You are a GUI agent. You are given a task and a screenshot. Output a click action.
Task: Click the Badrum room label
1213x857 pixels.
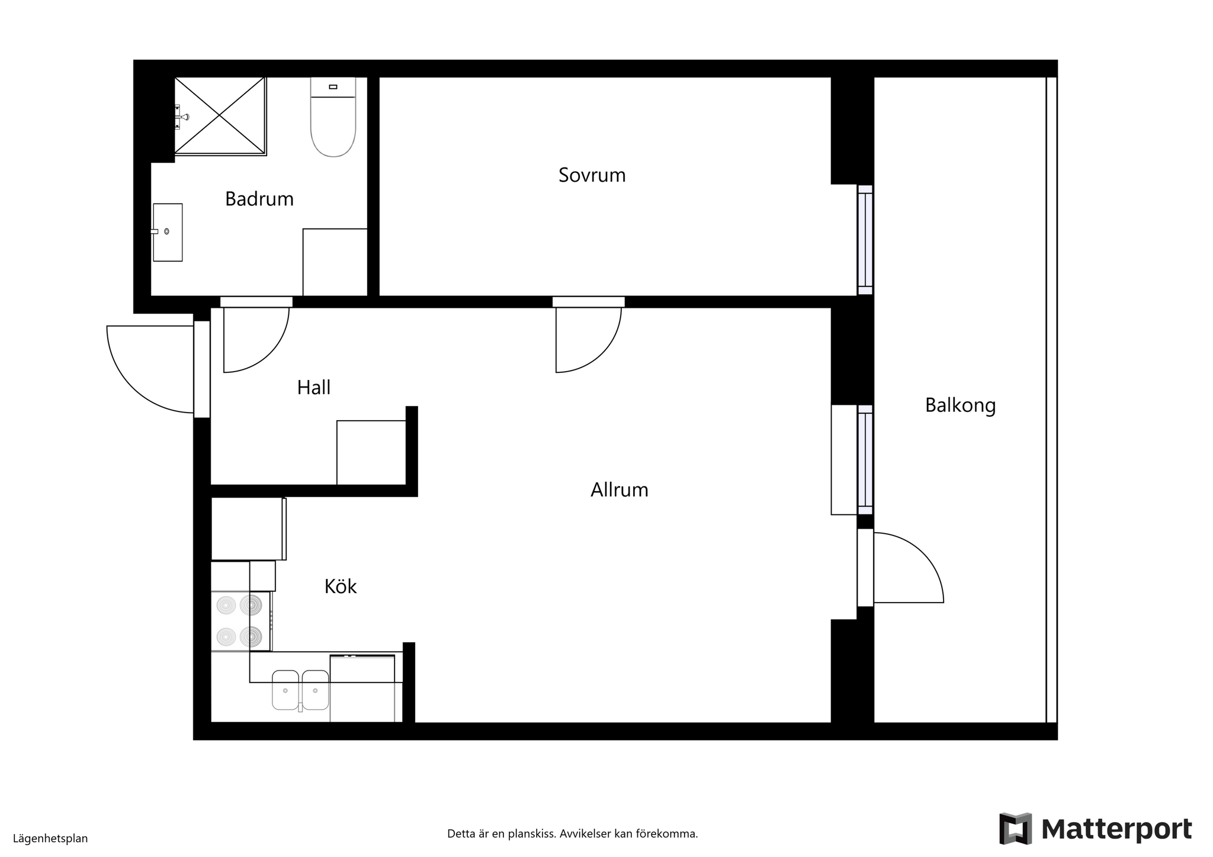tap(259, 199)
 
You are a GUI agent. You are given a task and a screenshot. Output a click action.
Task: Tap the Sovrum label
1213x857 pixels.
tap(592, 175)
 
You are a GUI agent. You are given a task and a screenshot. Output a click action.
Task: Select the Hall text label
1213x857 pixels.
tap(314, 388)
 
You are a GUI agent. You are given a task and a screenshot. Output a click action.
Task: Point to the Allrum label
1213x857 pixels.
tap(620, 490)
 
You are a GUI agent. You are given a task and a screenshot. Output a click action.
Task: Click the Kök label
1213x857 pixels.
tap(341, 587)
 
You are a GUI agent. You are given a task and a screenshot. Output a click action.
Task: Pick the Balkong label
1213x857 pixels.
tap(961, 406)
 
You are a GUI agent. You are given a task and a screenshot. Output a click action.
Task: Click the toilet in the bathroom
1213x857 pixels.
tap(333, 117)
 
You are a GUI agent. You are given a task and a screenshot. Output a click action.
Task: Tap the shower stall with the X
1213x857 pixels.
tap(220, 116)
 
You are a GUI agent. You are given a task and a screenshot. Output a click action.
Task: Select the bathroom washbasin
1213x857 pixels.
tap(168, 232)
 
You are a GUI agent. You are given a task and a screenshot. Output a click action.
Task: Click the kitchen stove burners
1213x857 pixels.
tap(240, 621)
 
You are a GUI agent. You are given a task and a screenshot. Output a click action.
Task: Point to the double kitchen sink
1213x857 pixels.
tap(300, 690)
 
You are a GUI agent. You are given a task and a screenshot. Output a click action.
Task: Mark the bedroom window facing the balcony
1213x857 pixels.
tap(865, 240)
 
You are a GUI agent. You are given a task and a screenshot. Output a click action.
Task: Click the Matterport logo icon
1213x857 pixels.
tap(1015, 829)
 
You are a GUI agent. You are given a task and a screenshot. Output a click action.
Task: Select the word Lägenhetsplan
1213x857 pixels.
tap(50, 839)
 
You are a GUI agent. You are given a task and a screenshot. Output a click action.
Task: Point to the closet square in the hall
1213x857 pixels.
tap(371, 453)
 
